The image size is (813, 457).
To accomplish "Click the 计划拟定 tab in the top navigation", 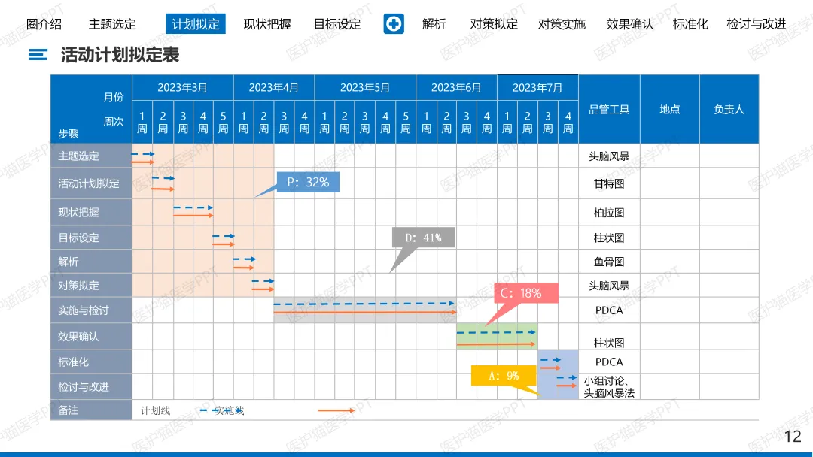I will [x=196, y=24].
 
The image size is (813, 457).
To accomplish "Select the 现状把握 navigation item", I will [x=267, y=24].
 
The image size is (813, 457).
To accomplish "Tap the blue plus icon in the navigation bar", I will [x=394, y=24].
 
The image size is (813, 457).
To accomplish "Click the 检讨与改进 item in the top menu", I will [x=756, y=24].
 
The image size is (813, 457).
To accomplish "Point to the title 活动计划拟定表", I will [x=120, y=55].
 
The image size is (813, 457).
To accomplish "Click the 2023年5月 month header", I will [x=365, y=88].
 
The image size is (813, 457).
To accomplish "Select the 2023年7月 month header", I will [x=537, y=88].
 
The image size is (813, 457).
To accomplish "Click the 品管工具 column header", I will [x=609, y=110].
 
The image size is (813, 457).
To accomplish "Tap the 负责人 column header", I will [x=729, y=110].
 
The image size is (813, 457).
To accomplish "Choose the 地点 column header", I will [x=670, y=110].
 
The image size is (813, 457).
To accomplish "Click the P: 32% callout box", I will [x=308, y=182].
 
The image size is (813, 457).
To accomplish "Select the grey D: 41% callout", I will [x=423, y=238].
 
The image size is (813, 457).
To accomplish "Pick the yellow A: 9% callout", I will [x=503, y=376].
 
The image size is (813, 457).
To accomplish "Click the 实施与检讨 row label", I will [x=84, y=310].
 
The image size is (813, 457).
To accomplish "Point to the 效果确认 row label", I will [x=78, y=337].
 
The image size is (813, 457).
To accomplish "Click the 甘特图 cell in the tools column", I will [x=609, y=183].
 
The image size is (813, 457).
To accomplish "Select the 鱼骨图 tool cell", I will [x=609, y=262].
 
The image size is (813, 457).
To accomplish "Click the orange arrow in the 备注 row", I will [x=336, y=410].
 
